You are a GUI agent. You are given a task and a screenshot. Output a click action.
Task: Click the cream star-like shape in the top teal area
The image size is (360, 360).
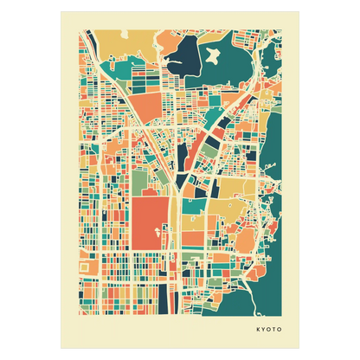(x=209, y=58)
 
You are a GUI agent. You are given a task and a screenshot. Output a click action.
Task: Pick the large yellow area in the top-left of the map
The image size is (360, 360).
(x=112, y=43)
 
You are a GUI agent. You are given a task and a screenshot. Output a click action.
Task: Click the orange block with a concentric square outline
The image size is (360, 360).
(x=85, y=267)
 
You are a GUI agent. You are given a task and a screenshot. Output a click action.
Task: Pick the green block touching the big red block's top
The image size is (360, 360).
(x=144, y=183)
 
